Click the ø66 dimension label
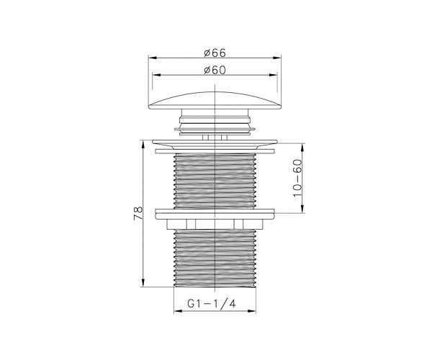[215, 53]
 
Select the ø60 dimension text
[215, 70]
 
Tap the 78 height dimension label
[138, 213]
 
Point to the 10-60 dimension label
[298, 179]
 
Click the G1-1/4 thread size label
[212, 304]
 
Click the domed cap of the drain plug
[215, 101]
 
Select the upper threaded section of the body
[215, 181]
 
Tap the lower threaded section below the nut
[215, 258]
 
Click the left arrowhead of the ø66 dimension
[153, 58]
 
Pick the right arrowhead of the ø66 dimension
[277, 58]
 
